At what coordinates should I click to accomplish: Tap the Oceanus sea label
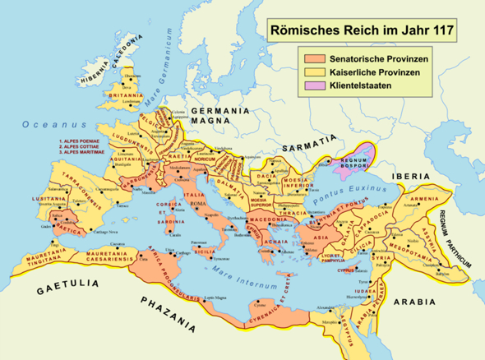point(38,126)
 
